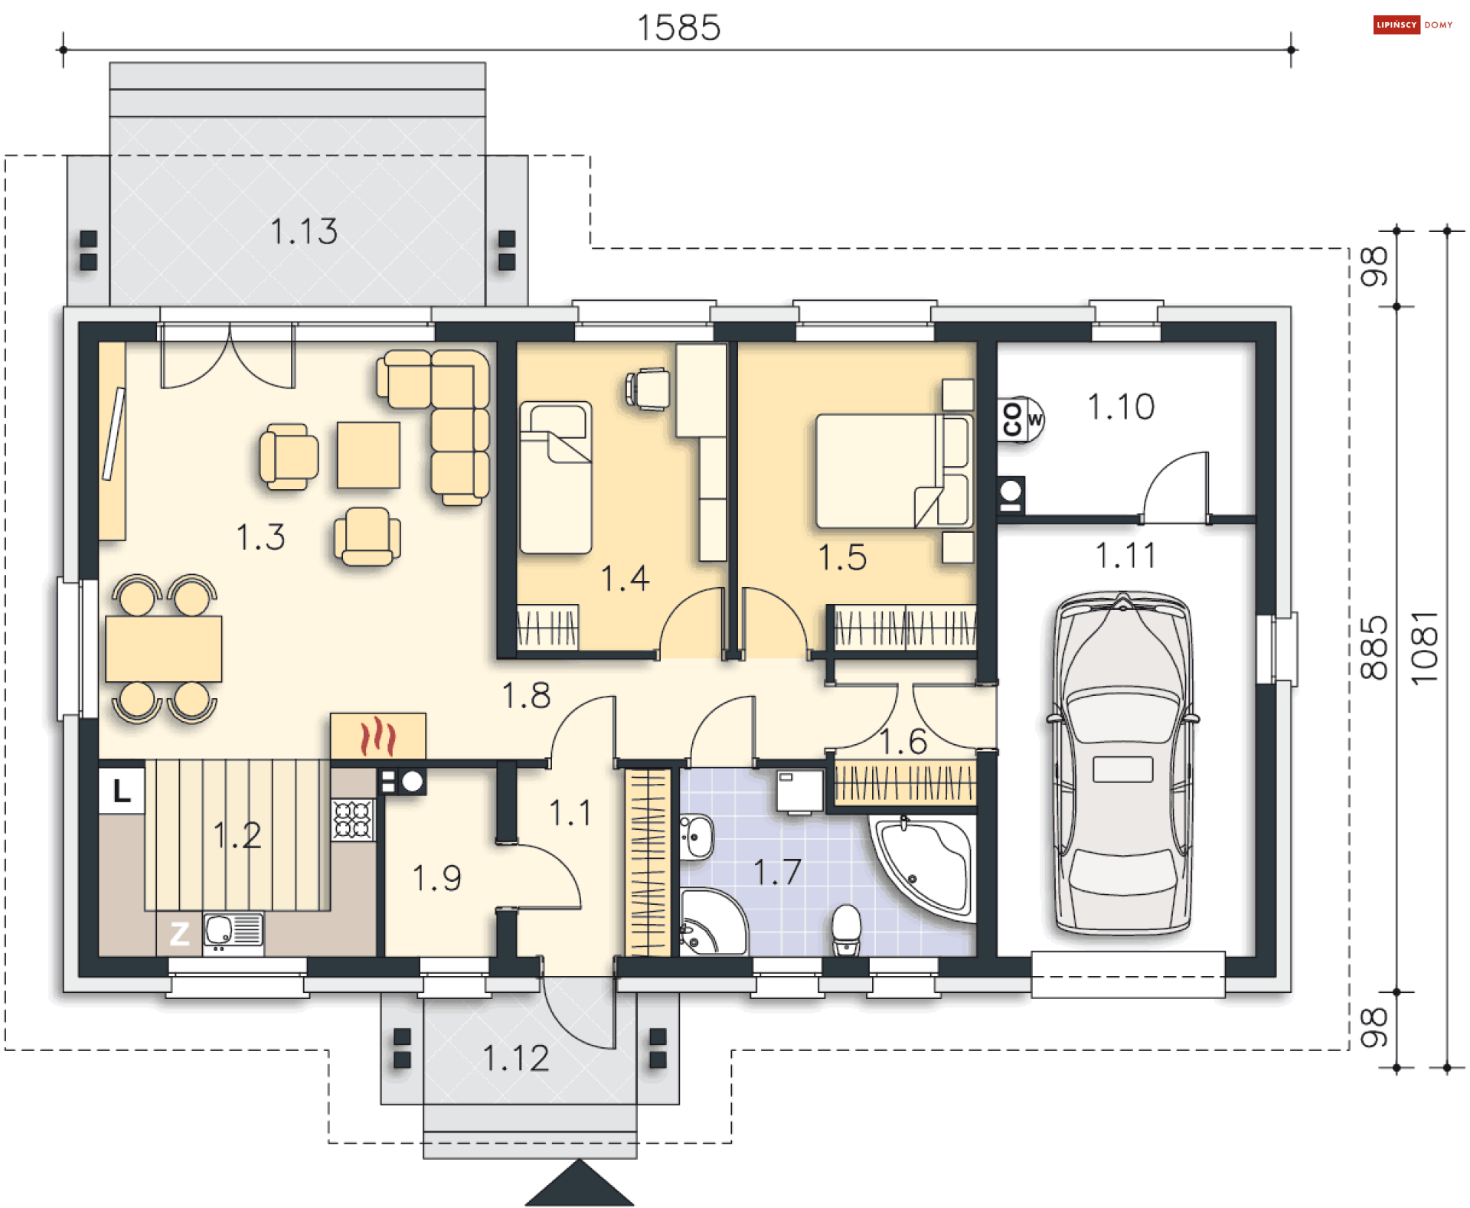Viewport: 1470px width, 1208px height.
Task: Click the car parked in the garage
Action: [x=1122, y=763]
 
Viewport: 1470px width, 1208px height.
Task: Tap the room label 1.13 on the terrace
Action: [x=304, y=231]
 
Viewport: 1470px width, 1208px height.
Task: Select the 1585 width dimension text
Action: [x=678, y=28]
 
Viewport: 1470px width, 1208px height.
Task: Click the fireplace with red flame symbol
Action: [x=378, y=736]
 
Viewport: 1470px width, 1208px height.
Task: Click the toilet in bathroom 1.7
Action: [x=846, y=929]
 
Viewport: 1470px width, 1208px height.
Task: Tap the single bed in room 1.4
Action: [x=556, y=476]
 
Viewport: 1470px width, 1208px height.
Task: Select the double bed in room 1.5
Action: [x=894, y=471]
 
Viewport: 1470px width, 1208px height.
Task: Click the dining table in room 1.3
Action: [x=164, y=648]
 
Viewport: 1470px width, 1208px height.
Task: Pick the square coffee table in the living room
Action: [x=368, y=455]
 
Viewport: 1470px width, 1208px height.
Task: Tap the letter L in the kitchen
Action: [x=122, y=790]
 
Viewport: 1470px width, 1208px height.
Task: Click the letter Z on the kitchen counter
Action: [x=179, y=933]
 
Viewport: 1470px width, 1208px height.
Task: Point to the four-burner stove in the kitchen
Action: [x=353, y=819]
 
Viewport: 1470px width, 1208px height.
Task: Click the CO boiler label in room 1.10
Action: [x=1012, y=419]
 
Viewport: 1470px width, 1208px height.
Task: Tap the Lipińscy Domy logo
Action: [x=1413, y=24]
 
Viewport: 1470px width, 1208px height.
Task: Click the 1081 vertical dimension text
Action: [x=1424, y=648]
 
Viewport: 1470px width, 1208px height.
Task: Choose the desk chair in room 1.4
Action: [x=648, y=389]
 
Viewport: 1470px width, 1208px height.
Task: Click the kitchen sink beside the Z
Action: [x=234, y=931]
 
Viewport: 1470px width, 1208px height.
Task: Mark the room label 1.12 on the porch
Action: [x=516, y=1058]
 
